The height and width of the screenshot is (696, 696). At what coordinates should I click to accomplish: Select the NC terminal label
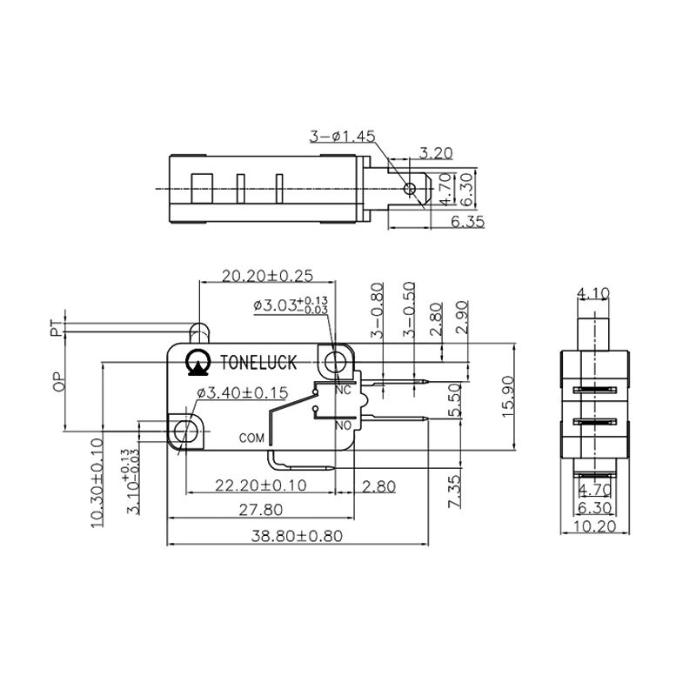[343, 390]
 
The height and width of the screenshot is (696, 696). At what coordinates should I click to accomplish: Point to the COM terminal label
[251, 438]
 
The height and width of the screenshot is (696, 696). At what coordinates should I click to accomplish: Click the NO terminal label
[343, 426]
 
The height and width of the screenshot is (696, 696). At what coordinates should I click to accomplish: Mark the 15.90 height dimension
[510, 396]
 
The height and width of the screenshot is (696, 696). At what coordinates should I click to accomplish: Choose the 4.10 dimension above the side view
[593, 293]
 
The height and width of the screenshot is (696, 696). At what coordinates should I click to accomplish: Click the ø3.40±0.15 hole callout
[243, 393]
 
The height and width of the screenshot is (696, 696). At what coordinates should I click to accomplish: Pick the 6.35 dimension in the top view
[468, 222]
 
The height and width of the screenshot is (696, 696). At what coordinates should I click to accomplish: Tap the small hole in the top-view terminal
[409, 186]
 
